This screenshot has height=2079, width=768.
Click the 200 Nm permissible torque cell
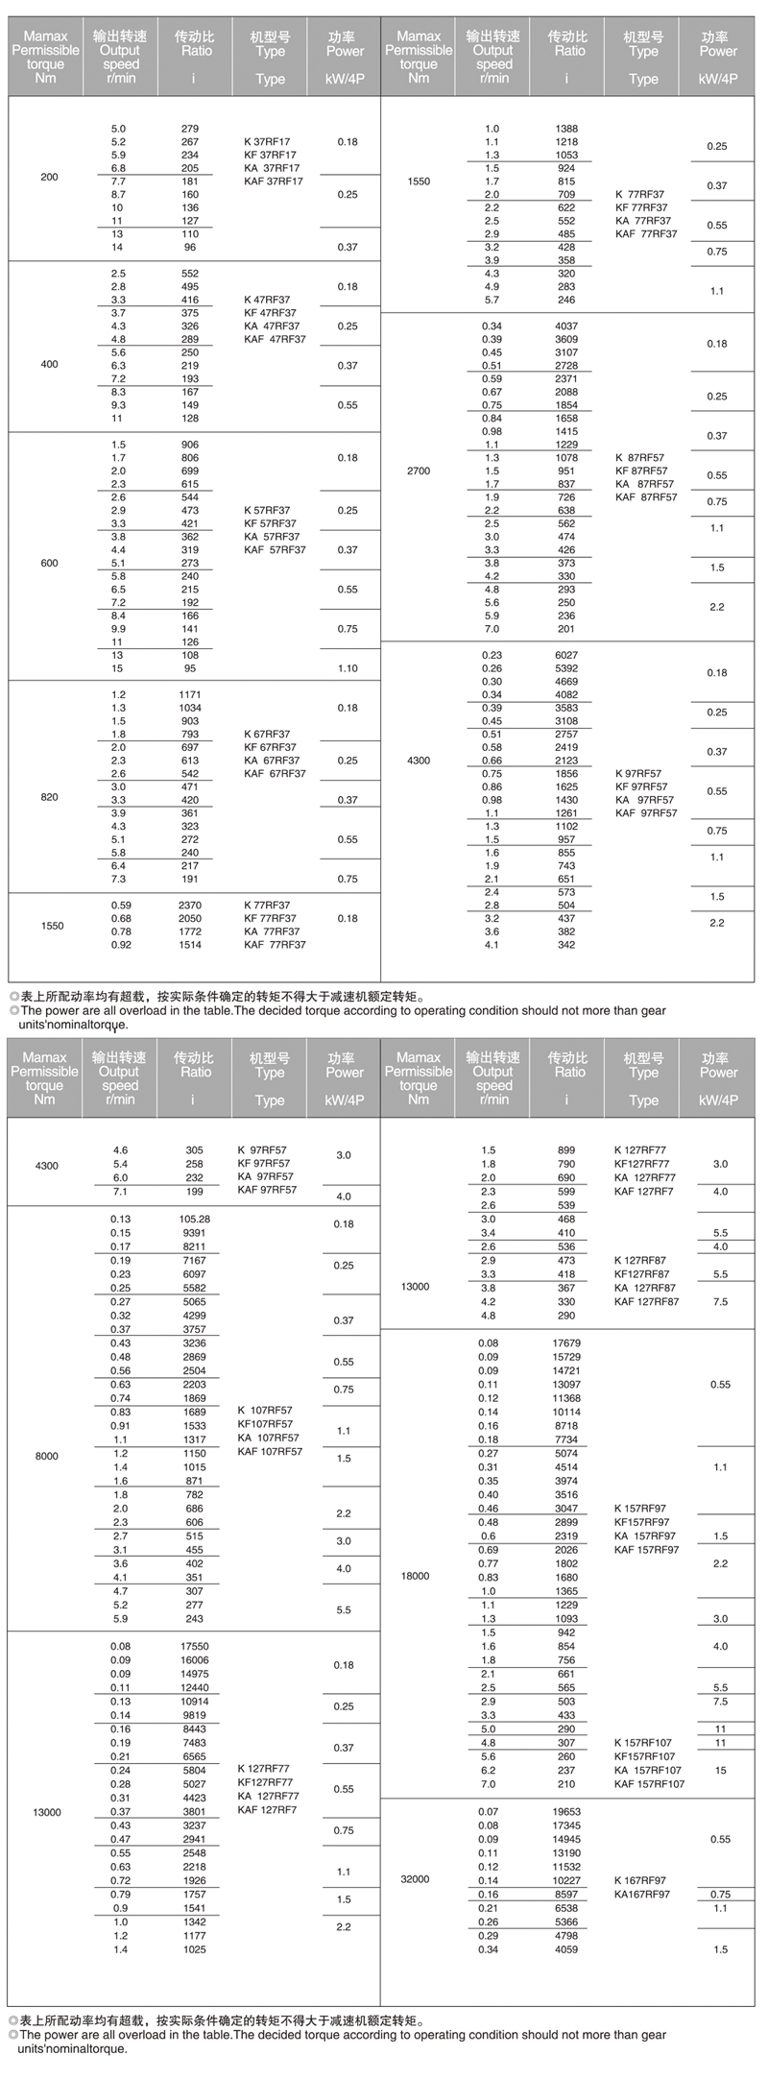click(49, 177)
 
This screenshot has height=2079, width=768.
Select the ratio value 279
click(190, 129)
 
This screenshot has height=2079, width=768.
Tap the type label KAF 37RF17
click(274, 181)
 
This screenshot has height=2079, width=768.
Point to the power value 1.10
click(348, 668)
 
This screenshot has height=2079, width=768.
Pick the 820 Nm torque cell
click(49, 797)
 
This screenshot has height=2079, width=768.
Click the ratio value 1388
click(566, 129)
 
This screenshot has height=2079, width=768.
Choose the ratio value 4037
click(566, 326)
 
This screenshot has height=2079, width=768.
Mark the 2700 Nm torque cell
click(419, 471)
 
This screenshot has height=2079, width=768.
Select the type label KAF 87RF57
click(646, 497)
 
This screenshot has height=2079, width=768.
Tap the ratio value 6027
click(566, 656)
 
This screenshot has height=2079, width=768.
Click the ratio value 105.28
click(195, 1219)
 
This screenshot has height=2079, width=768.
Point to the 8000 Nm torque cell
click(46, 1456)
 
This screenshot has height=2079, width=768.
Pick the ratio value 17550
click(195, 1646)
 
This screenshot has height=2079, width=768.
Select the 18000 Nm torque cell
click(416, 1576)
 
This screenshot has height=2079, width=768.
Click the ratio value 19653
click(566, 1811)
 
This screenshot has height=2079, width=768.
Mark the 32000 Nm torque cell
click(416, 1878)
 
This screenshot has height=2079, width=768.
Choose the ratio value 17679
click(566, 1342)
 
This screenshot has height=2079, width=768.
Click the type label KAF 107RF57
click(270, 1452)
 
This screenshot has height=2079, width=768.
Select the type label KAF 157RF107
click(650, 1783)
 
